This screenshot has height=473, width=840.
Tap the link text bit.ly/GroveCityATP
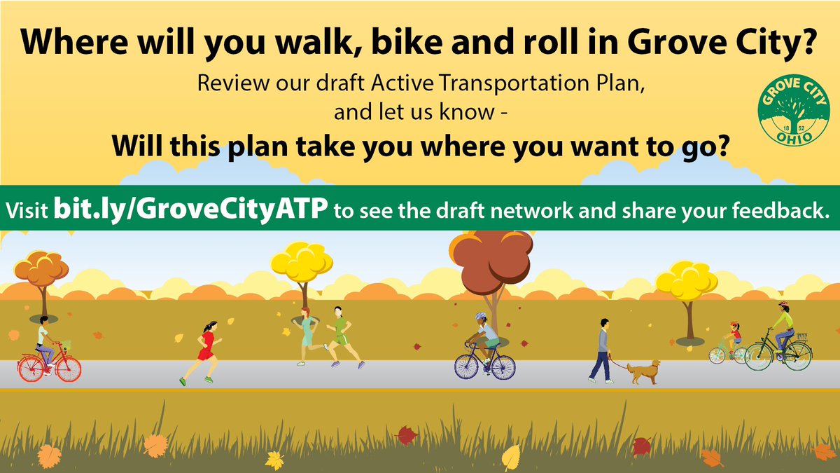coord(190,209)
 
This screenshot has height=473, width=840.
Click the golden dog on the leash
coord(643,371)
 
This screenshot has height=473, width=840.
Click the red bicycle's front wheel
coord(68,367)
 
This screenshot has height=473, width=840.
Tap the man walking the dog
coord(602,350)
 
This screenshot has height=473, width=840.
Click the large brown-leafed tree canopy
coord(491,259)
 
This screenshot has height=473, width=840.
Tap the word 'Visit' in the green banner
coord(28,209)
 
